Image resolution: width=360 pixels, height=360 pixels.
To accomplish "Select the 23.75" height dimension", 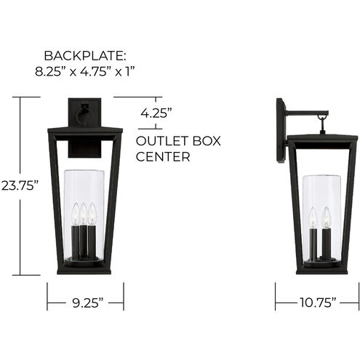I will [x=20, y=186].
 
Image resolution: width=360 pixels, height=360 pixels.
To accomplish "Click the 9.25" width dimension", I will [x=86, y=300].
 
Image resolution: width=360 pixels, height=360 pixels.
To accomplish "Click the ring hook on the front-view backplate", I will [x=85, y=114].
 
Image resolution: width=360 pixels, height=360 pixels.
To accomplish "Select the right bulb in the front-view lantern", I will [x=93, y=213].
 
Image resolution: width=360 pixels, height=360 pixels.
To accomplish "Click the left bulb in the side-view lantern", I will [x=313, y=216].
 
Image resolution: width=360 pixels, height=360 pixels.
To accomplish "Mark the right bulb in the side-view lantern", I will [x=327, y=216].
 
